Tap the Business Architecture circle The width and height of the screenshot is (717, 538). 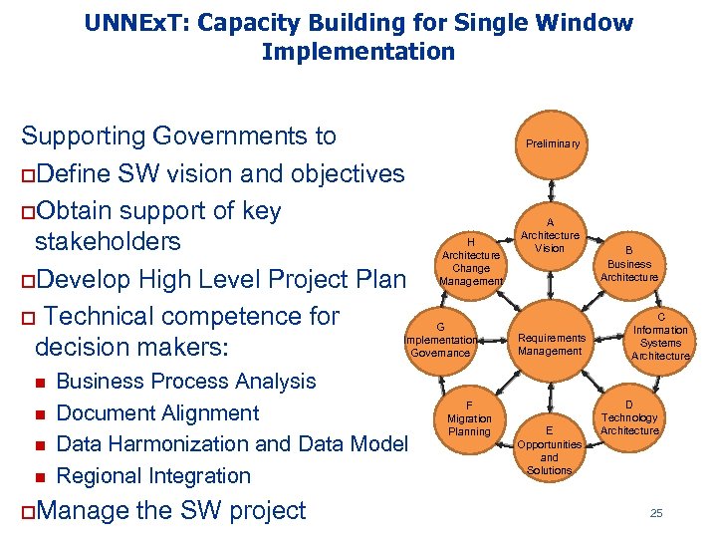(629, 265)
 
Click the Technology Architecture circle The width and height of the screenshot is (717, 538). (629, 418)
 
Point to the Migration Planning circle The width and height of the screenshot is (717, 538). (469, 418)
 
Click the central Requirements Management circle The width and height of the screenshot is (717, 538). (550, 344)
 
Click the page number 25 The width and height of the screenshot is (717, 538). (655, 513)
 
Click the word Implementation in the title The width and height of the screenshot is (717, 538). (358, 52)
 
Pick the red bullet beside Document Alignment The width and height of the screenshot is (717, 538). (41, 413)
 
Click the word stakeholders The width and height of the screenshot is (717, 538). (108, 242)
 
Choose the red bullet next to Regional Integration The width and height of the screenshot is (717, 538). (41, 477)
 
